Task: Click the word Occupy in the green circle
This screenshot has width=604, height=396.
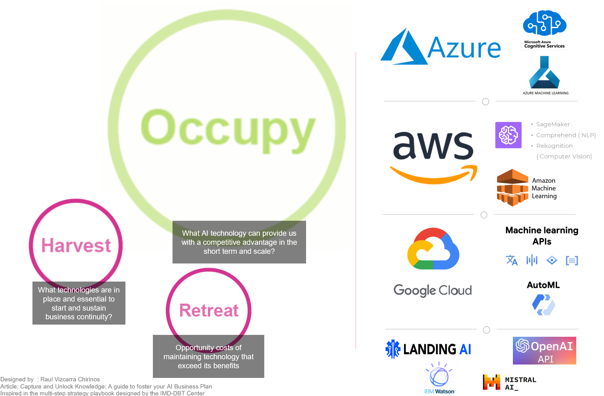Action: pyautogui.click(x=228, y=131)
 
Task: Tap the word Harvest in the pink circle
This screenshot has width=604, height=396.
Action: pyautogui.click(x=76, y=245)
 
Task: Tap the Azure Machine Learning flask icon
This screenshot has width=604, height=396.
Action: pyautogui.click(x=544, y=72)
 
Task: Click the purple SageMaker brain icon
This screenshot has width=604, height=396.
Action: pyautogui.click(x=508, y=135)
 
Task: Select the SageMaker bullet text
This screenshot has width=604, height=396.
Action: pyautogui.click(x=553, y=124)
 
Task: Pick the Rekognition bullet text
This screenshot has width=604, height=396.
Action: pyautogui.click(x=554, y=146)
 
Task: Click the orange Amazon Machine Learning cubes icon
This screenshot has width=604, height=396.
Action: pyautogui.click(x=512, y=187)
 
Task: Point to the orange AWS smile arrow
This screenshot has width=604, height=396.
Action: pyautogui.click(x=434, y=174)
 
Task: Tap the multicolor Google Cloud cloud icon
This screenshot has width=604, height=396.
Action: pyautogui.click(x=433, y=249)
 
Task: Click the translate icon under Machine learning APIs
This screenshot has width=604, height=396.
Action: pyautogui.click(x=512, y=260)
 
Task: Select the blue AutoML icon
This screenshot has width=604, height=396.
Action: pyautogui.click(x=543, y=304)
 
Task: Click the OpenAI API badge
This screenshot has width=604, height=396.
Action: pyautogui.click(x=544, y=350)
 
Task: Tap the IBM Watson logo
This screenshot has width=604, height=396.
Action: pyautogui.click(x=439, y=378)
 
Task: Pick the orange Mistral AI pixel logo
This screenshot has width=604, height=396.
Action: pyautogui.click(x=491, y=382)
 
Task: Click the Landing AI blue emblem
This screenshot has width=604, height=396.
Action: pyautogui.click(x=393, y=349)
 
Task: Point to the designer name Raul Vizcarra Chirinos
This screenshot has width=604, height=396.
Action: pyautogui.click(x=70, y=379)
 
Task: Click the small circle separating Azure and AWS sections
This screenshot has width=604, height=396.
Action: pyautogui.click(x=485, y=102)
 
